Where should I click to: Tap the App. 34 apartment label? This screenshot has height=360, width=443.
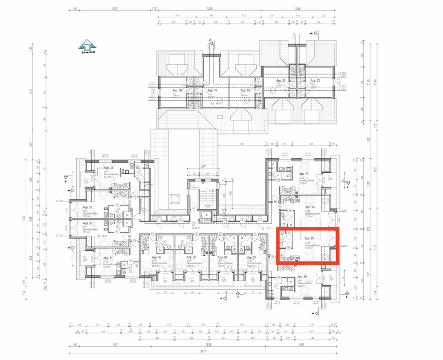[x=109, y=168]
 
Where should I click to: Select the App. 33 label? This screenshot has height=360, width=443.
[x=87, y=207]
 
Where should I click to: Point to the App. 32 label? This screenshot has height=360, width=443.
[x=87, y=223]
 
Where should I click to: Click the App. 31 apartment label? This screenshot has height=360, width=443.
[x=108, y=258]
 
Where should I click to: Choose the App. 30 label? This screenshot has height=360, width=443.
[x=156, y=257]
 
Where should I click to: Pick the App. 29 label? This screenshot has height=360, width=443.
[x=191, y=257]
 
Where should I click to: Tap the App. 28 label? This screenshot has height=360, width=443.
[x=222, y=257]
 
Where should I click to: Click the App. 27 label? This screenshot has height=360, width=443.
[x=251, y=257]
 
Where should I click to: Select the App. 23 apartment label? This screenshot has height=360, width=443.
[x=303, y=174]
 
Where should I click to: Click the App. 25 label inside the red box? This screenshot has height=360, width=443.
[x=309, y=239]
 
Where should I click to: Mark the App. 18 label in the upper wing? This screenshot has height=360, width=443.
[x=177, y=90]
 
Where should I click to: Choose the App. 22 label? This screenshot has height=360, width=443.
[x=315, y=80]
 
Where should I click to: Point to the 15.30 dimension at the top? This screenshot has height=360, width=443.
[x=210, y=8]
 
